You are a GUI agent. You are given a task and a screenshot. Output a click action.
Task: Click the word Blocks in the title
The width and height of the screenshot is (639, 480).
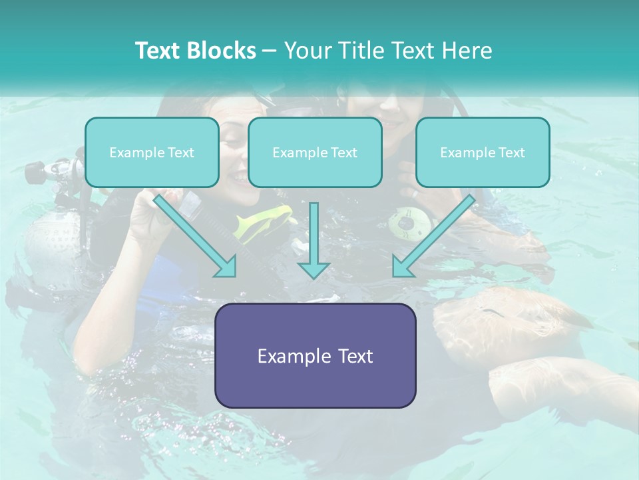point(223,51)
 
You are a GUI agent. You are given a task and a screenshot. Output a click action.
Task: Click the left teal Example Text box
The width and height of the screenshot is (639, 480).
point(152,153)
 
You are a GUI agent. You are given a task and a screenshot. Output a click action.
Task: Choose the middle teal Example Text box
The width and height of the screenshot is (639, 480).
point(315,153)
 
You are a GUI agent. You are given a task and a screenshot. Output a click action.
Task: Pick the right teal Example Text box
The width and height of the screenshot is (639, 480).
point(483,153)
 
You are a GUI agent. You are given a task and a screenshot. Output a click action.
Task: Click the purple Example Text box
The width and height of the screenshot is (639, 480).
point(315,355)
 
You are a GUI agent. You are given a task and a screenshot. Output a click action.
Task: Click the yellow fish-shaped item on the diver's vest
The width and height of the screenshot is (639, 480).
point(266,221)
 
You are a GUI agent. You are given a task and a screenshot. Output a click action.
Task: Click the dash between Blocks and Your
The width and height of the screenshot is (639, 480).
point(270,51)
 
